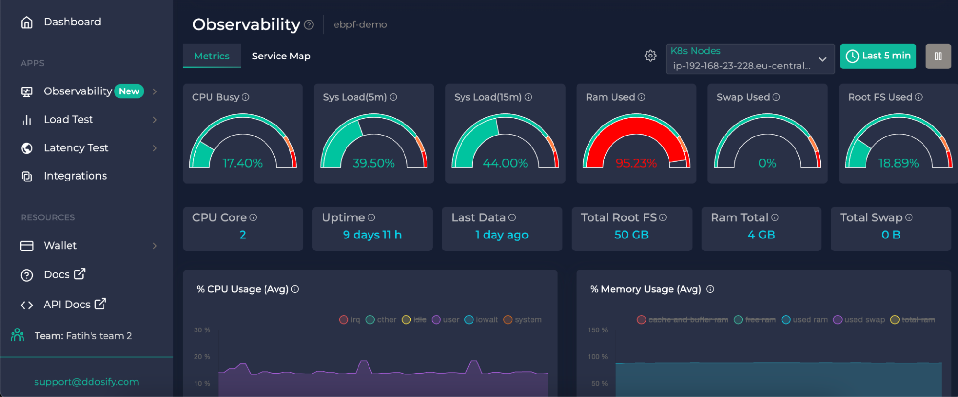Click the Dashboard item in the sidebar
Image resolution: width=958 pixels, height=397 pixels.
[x=72, y=22]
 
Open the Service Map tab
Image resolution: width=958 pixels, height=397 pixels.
[x=281, y=56]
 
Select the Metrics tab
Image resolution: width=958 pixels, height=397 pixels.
[x=211, y=56]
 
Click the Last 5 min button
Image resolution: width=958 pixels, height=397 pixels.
[x=877, y=56]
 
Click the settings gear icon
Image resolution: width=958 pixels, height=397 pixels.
[x=650, y=56]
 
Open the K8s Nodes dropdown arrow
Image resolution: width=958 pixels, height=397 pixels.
[x=822, y=59]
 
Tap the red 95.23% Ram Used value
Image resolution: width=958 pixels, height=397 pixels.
[x=635, y=163]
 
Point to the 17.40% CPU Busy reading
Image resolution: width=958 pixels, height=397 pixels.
[x=242, y=163]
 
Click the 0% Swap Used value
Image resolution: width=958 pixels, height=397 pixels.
[x=767, y=163]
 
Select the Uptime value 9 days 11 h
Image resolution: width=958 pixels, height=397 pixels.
[x=372, y=235]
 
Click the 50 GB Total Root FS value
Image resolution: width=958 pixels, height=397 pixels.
[x=631, y=235]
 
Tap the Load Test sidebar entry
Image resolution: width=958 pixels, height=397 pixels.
[x=68, y=120]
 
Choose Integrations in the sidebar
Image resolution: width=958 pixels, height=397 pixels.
[x=75, y=176]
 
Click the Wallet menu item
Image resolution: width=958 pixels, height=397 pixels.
[x=60, y=246]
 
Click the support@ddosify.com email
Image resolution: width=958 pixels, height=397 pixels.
[x=86, y=382]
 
